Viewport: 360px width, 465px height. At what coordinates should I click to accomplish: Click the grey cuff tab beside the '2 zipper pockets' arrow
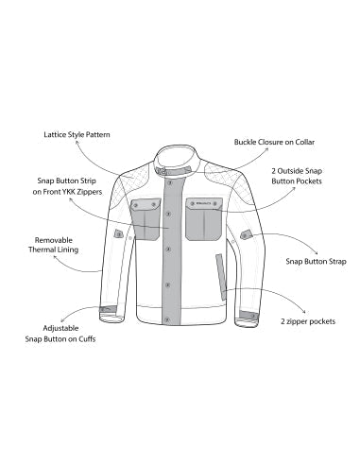point(247,316)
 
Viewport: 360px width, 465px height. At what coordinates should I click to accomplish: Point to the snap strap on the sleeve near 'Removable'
point(118,233)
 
